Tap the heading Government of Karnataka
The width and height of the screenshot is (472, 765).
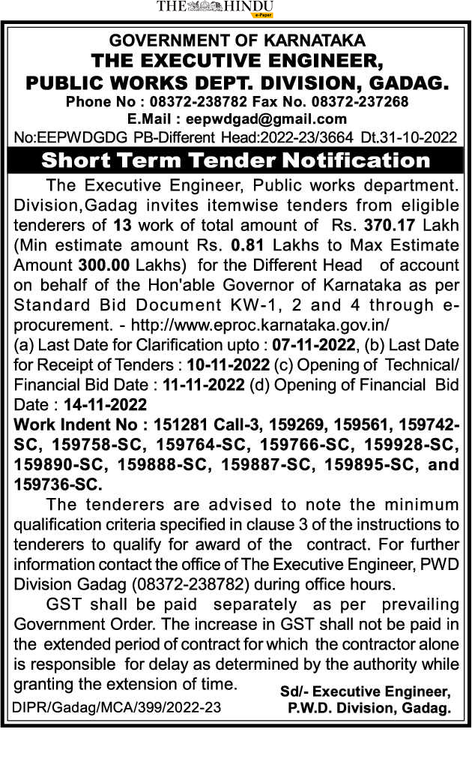237,40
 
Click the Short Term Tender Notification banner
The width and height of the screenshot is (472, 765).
236,160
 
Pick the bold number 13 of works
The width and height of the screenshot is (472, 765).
121,224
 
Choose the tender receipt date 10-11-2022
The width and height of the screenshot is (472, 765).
228,365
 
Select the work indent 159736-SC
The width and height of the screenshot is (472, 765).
55,484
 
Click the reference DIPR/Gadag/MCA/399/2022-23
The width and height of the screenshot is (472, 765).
117,706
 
